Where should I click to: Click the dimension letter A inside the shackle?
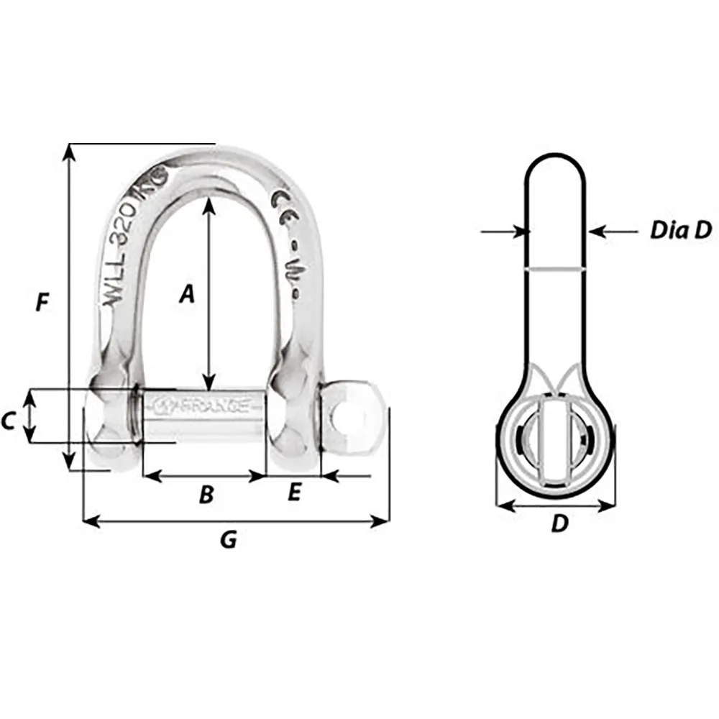click(187, 293)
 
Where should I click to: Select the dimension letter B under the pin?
click(206, 495)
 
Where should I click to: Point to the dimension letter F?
click(42, 303)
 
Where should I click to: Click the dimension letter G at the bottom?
click(228, 539)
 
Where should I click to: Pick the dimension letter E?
click(293, 493)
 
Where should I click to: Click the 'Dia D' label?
click(680, 230)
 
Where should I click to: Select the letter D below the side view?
click(559, 524)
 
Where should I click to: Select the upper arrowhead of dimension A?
click(209, 204)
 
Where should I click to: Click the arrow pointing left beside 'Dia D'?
click(598, 232)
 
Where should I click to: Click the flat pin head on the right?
click(349, 418)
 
